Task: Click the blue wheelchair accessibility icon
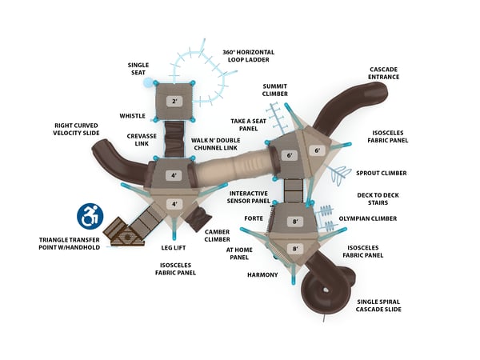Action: (90, 215)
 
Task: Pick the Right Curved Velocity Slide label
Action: (76, 130)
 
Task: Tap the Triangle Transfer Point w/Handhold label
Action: (70, 243)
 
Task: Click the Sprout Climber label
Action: (381, 173)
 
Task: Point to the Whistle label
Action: (133, 115)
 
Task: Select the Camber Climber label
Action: (217, 235)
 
